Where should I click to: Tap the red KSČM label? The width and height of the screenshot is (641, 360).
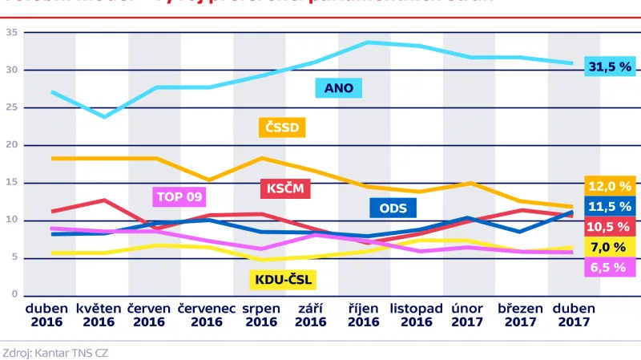coord(285,188)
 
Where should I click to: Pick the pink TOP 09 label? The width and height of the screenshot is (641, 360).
coord(179,196)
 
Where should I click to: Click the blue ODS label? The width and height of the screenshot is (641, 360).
coord(393,208)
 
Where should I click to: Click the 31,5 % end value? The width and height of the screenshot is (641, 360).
coord(609,67)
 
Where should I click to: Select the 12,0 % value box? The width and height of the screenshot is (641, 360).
coord(610,186)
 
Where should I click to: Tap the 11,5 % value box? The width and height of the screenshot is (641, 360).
coord(610,206)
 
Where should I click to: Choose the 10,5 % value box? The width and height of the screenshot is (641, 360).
coord(610,227)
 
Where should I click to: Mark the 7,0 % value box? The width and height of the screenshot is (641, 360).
coord(610,247)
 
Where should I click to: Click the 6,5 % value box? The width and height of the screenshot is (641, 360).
coord(610,267)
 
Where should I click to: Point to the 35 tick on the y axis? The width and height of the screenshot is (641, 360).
coord(12,32)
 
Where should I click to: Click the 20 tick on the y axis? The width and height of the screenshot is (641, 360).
coord(12,145)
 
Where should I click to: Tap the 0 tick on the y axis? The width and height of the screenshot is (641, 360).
coord(14,295)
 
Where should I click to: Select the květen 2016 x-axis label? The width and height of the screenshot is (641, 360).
coord(99,314)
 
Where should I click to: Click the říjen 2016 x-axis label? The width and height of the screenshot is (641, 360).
coord(363,314)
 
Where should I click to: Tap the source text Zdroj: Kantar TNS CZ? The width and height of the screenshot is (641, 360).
coord(56,351)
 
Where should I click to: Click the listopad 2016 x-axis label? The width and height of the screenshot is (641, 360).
coord(417,314)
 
